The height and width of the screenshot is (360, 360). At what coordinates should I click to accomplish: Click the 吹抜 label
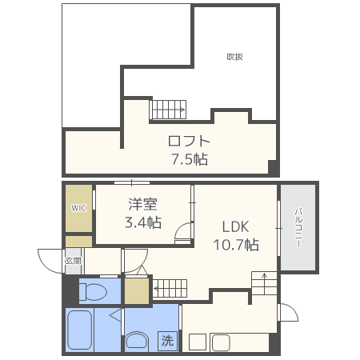pyautogui.click(x=234, y=57)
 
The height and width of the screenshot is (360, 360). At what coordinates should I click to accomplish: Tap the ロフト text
pyautogui.click(x=189, y=141)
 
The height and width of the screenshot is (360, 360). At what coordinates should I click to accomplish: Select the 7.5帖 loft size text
pyautogui.click(x=190, y=159)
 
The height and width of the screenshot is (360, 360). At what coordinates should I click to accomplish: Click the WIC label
pyautogui.click(x=78, y=208)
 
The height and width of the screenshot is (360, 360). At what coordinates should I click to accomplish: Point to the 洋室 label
pyautogui.click(x=143, y=204)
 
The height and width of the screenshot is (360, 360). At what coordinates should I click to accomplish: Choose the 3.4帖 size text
pyautogui.click(x=143, y=222)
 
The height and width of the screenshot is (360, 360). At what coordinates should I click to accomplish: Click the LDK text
pyautogui.click(x=235, y=226)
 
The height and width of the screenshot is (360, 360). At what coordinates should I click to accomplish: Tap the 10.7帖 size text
pyautogui.click(x=236, y=245)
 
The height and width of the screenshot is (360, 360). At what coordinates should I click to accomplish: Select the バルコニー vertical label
pyautogui.click(x=298, y=228)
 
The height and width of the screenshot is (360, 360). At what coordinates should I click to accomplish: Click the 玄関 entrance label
pyautogui.click(x=73, y=261)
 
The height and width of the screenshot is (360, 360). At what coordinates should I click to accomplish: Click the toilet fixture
pyautogui.click(x=93, y=292)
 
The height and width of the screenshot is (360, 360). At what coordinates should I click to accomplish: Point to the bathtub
pyautogui.click(x=80, y=330)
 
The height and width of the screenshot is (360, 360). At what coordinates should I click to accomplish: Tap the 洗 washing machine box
pyautogui.click(x=167, y=341)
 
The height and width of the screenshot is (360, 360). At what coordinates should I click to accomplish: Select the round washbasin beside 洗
pyautogui.click(x=137, y=341)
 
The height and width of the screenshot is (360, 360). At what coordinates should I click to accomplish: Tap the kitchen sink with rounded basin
pyautogui.click(x=221, y=342)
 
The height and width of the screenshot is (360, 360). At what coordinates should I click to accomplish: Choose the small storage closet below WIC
pyautogui.click(x=79, y=242)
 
